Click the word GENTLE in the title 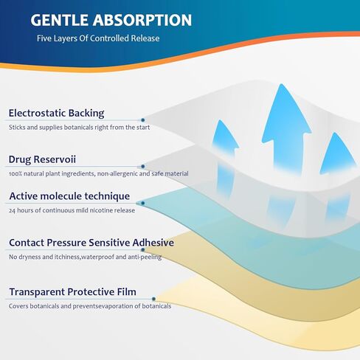pyautogui.click(x=59, y=20)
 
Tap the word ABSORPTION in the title pyautogui.click(x=142, y=20)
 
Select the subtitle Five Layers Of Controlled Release pyautogui.click(x=98, y=38)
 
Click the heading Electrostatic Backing pyautogui.click(x=56, y=113)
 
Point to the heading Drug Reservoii pyautogui.click(x=42, y=159)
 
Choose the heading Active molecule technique pyautogui.click(x=69, y=196)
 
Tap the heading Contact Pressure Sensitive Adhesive pyautogui.click(x=91, y=243)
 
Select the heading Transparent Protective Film pyautogui.click(x=72, y=292)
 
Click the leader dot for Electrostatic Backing pyautogui.click(x=142, y=120)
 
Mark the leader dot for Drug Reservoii pyautogui.click(x=142, y=167)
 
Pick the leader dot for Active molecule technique pyautogui.click(x=142, y=203)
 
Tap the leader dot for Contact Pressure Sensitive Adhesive pyautogui.click(x=143, y=250)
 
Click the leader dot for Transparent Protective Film pyautogui.click(x=153, y=299)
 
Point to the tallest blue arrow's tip pyautogui.click(x=282, y=84)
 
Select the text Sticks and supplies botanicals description pyautogui.click(x=79, y=128)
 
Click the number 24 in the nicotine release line pyautogui.click(x=12, y=210)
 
